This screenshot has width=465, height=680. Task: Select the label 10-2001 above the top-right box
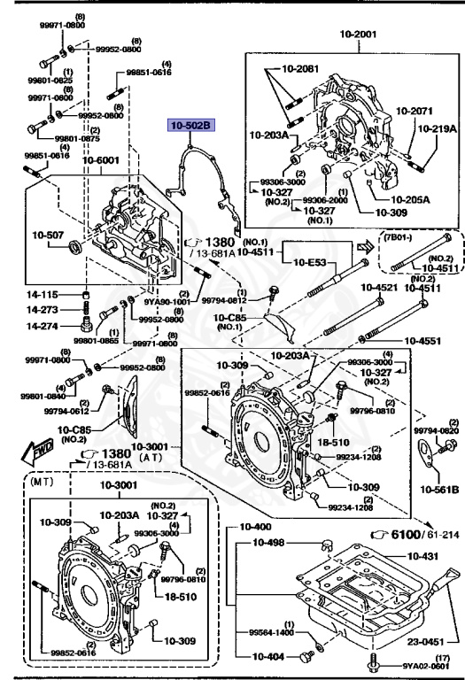pos(358,35)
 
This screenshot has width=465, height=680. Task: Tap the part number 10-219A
pos(438,128)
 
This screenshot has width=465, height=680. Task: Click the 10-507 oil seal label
pos(50,235)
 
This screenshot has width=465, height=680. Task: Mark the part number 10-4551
pos(422,339)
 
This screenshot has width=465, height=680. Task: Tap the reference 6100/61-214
pos(417,536)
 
